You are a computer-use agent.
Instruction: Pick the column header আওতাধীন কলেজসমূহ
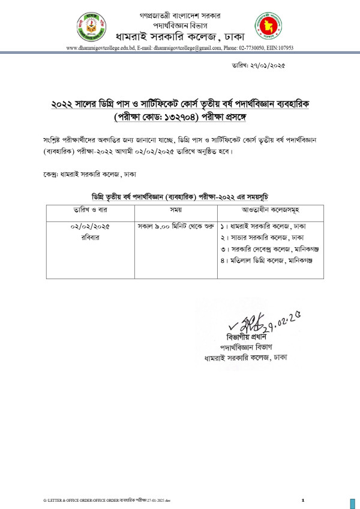tap(263, 211)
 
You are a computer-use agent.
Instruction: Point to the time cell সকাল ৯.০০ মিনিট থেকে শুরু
tap(168, 227)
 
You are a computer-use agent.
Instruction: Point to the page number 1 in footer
tap(304, 500)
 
